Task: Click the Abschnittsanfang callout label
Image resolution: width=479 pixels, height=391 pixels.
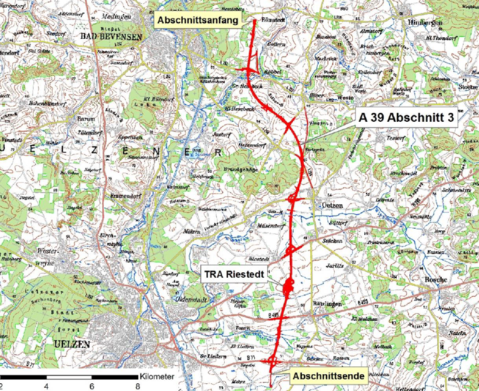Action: [197, 21]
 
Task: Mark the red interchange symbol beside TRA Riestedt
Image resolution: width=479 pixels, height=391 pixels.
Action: [289, 284]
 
